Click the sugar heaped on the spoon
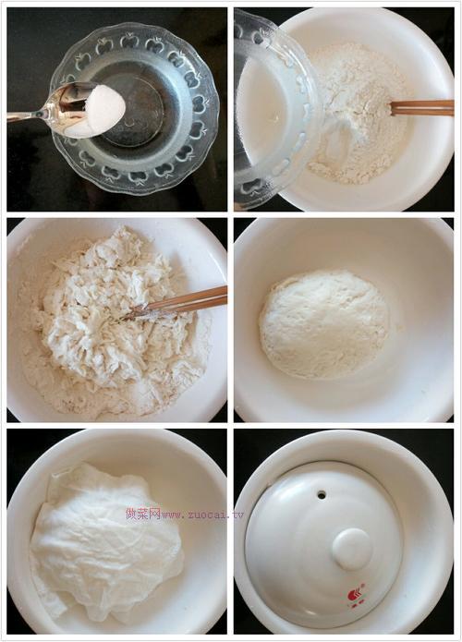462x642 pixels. point(103,110)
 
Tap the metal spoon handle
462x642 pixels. point(28,116)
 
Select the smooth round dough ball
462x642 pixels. point(322,323)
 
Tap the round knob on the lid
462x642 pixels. point(352,548)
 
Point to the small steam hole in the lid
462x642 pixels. point(321,495)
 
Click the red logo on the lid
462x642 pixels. point(355,596)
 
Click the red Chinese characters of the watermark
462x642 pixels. point(143,513)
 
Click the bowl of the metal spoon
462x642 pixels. point(83,109)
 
